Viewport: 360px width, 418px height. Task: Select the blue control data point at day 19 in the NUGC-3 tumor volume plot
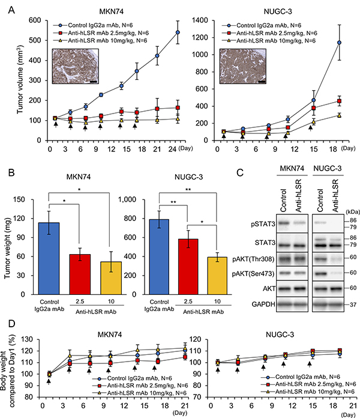tap(340, 43)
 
